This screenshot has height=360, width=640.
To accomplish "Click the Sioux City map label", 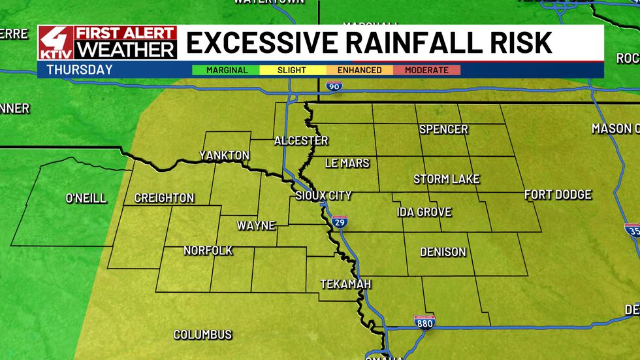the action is coord(324,195).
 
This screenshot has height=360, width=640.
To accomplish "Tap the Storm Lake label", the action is coord(447,179).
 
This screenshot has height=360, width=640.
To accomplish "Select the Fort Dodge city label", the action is coord(558,195).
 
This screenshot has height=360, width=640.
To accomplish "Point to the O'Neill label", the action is coord(86,198).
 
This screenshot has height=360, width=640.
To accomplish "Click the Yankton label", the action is coord(224,155).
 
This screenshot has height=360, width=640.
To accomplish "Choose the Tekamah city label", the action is coord(345,284).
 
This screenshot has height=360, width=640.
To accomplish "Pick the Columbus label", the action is coord(202,335).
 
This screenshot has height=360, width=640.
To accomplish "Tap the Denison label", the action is coord(443,252).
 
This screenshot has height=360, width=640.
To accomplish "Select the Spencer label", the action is coord(443,129).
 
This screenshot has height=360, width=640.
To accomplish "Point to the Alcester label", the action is coord(301,140).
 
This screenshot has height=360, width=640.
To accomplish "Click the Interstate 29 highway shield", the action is coord(339,222).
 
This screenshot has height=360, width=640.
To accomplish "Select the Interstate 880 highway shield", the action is coord(424,321).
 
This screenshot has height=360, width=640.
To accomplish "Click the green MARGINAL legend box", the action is coord(226,70).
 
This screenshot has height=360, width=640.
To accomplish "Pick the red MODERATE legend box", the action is coord(426,70).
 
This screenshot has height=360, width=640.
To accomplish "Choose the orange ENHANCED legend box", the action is coord(360,70).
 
